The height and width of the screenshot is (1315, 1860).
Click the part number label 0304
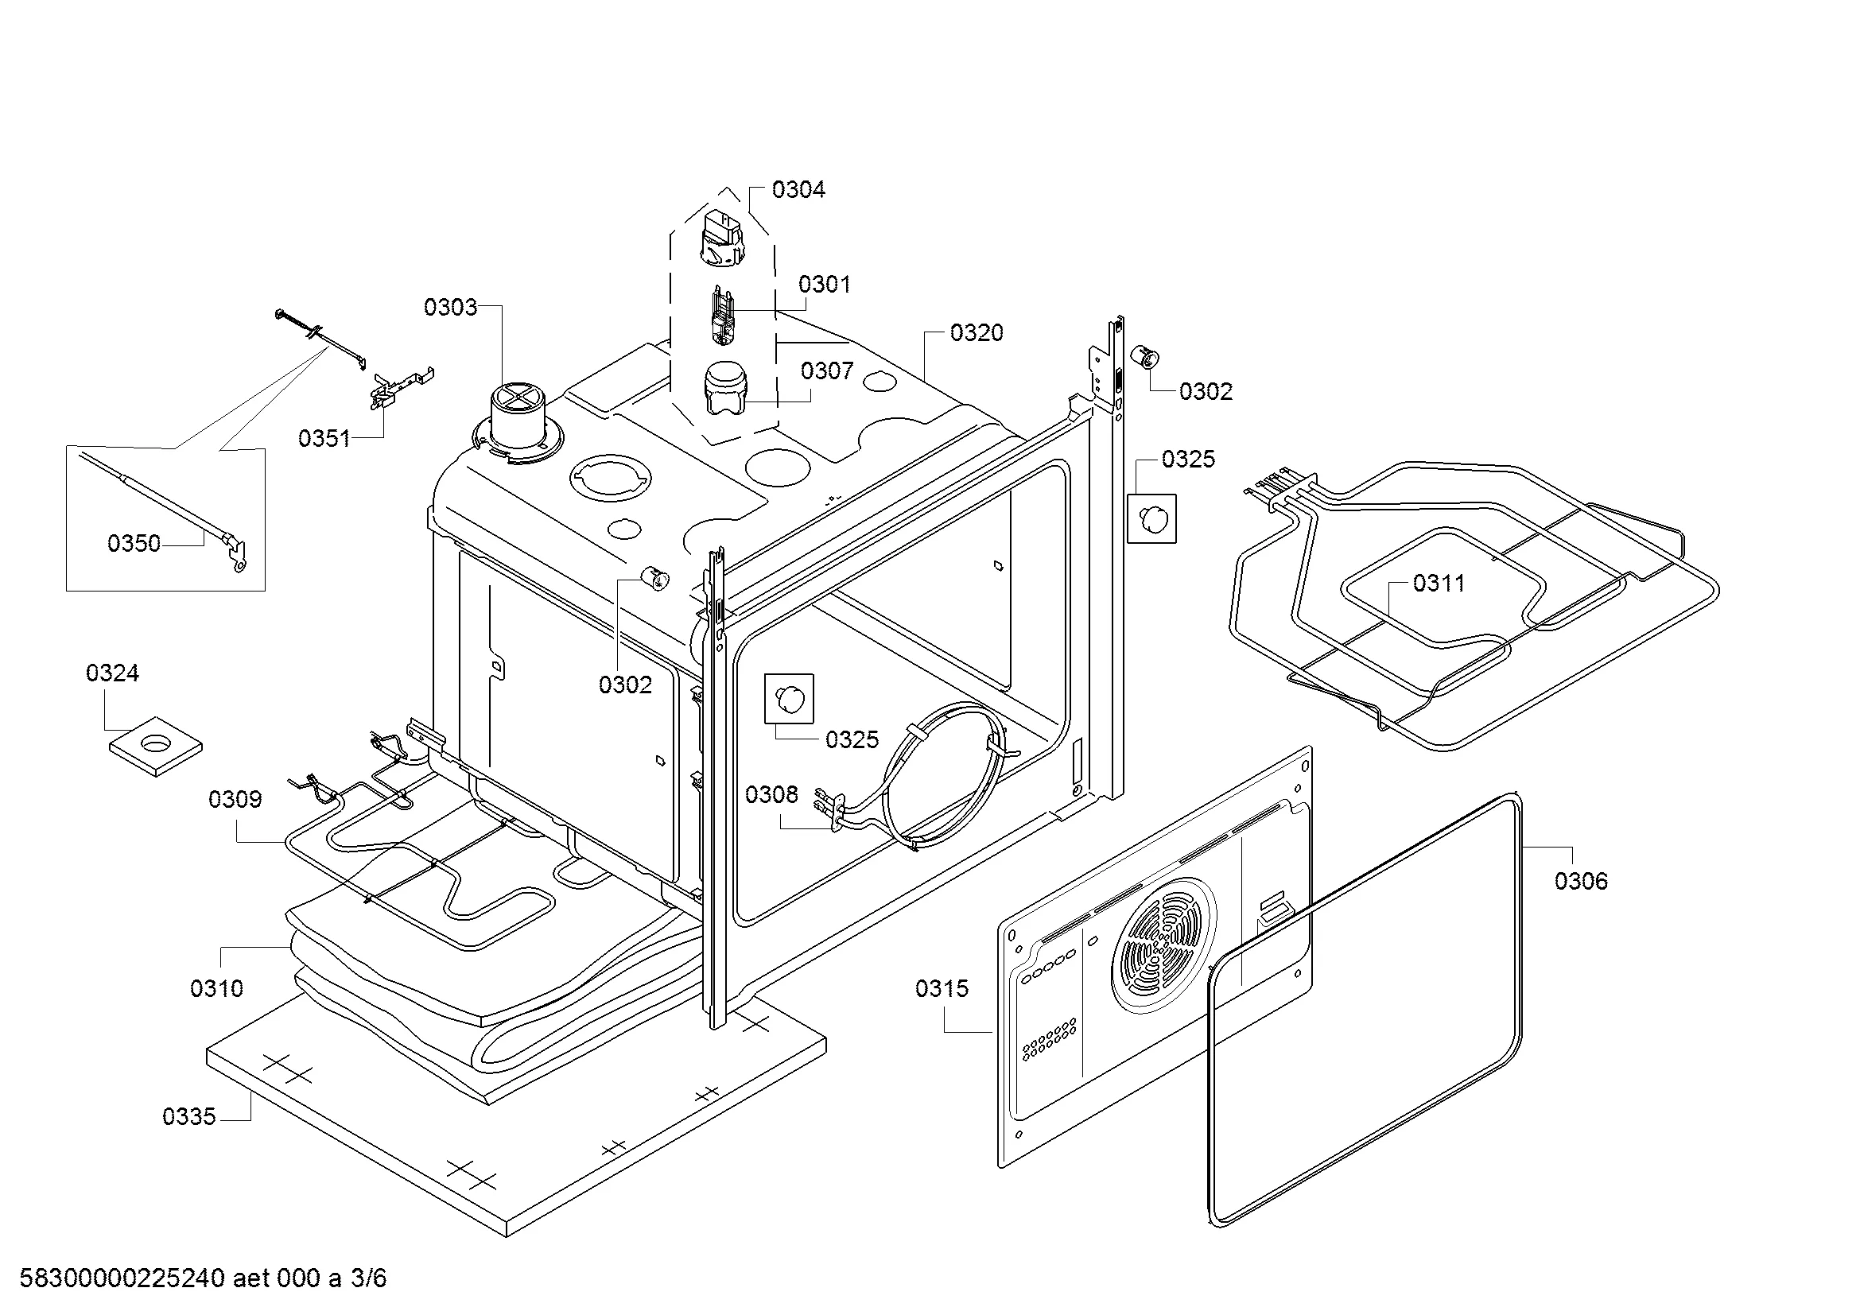point(798,189)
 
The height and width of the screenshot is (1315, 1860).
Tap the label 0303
point(450,308)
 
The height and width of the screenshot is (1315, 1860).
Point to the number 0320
point(977,333)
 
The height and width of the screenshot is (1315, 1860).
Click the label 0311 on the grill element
point(1439,583)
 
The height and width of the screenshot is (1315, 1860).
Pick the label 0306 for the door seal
point(1581,881)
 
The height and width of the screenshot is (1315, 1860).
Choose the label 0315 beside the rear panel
point(942,989)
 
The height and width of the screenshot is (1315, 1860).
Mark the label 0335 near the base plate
point(188,1116)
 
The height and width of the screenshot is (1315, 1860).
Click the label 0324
point(113,673)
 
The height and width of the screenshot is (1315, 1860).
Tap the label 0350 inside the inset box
point(134,543)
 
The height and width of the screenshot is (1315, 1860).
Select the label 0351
point(324,439)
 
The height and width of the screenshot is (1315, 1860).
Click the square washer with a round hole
point(156,744)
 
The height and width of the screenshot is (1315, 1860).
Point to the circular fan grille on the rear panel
point(1164,947)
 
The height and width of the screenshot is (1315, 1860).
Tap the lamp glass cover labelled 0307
point(726,388)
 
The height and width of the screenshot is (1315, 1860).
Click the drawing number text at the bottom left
point(203,1278)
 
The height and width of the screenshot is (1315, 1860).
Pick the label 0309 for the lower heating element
point(235,800)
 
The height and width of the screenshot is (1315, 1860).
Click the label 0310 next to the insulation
point(216,989)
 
